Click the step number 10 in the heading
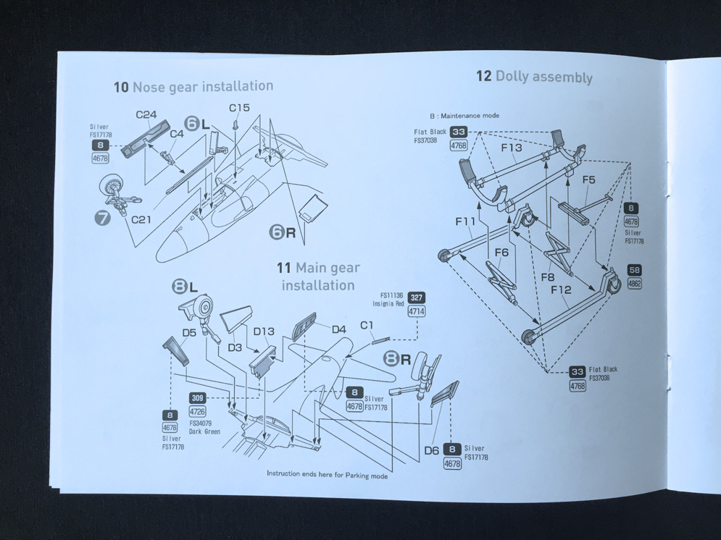pos(121,87)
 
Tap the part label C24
pos(146,115)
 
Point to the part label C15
pos(239,107)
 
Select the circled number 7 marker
pos(103,218)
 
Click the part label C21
pos(141,219)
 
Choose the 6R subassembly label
pos(283,233)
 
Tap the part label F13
pos(512,148)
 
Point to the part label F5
pos(588,180)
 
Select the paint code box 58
pos(634,269)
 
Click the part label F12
pos(561,290)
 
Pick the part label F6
pos(501,253)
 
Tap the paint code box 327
pos(417,298)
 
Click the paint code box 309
pos(197,397)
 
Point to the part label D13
pos(264,332)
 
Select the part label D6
pos(431,450)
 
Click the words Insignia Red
pos(388,304)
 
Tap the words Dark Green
pos(204,431)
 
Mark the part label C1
pos(367,325)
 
